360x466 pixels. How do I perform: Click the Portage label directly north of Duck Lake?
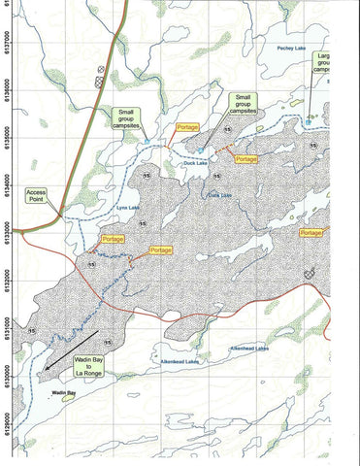[186, 128]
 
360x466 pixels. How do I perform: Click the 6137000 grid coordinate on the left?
[8, 44]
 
